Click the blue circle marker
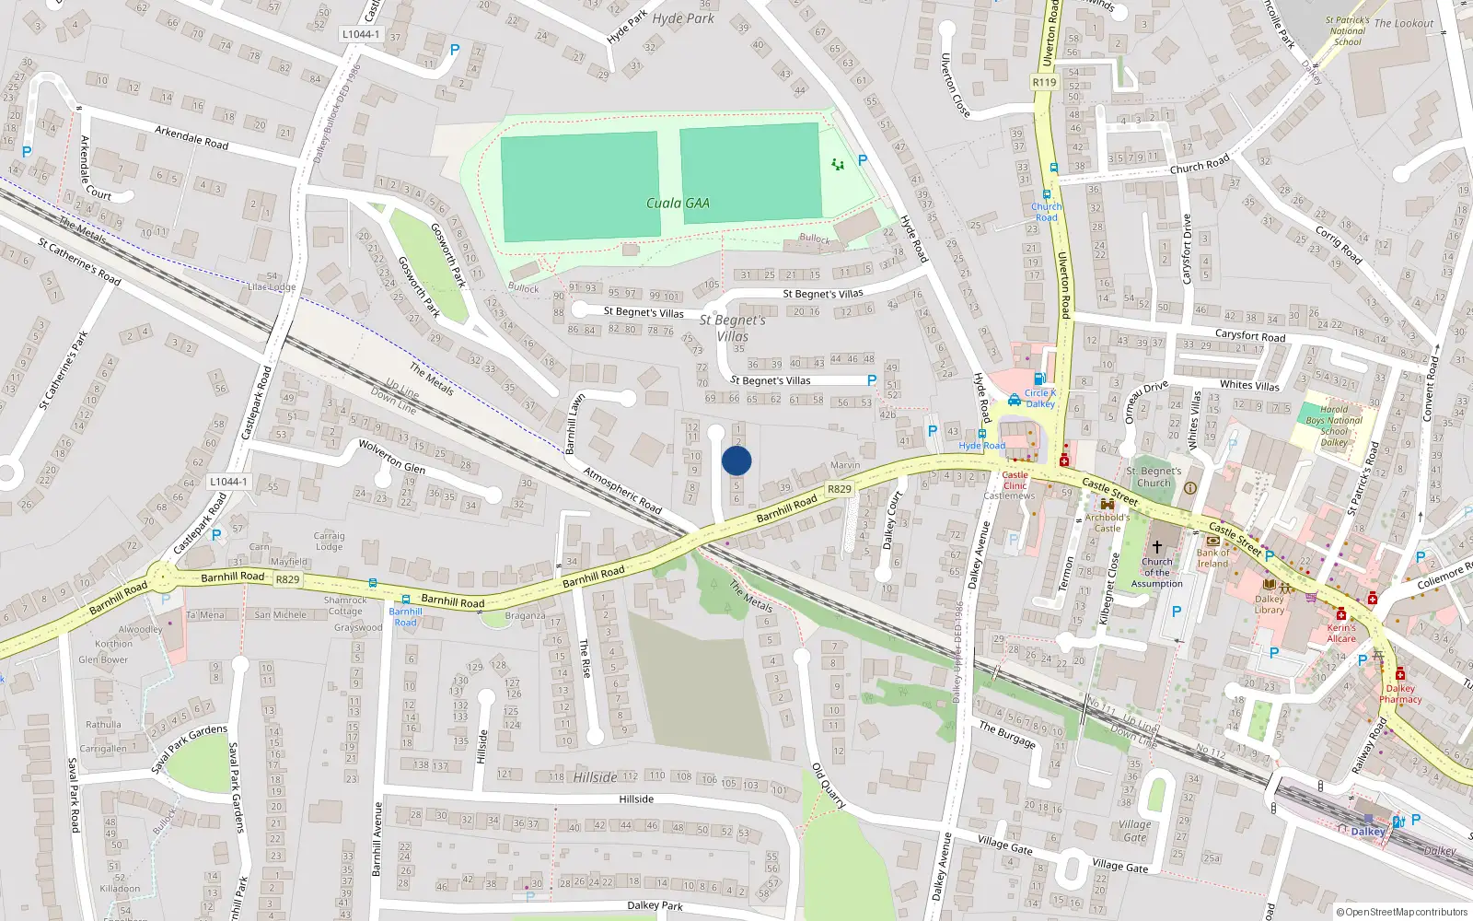pyautogui.click(x=736, y=460)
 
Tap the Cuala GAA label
pyautogui.click(x=678, y=204)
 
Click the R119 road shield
pyautogui.click(x=1044, y=82)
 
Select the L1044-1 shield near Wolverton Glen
pyautogui.click(x=226, y=482)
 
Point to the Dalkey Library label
pyautogui.click(x=1269, y=604)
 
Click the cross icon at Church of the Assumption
pyautogui.click(x=1157, y=547)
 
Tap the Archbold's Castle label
pyautogui.click(x=1107, y=522)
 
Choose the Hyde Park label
pyautogui.click(x=683, y=18)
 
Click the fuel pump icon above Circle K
pyautogui.click(x=1039, y=379)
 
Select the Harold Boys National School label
pyautogui.click(x=1334, y=426)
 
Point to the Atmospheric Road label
pyautogui.click(x=622, y=490)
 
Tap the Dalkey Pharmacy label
pyautogui.click(x=1400, y=694)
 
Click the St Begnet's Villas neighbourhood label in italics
pyautogui.click(x=733, y=328)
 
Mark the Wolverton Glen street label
pyautogui.click(x=391, y=456)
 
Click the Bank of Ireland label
pyautogui.click(x=1212, y=558)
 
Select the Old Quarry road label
pyautogui.click(x=829, y=786)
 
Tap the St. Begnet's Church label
pyautogui.click(x=1154, y=476)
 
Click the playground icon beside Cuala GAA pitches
pyautogui.click(x=837, y=164)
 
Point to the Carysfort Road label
pyautogui.click(x=1249, y=335)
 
